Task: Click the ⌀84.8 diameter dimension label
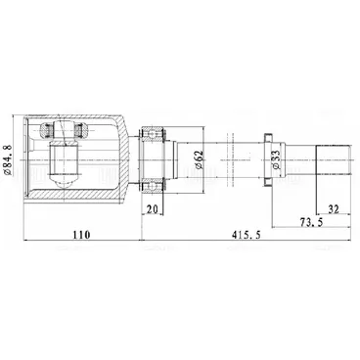8,160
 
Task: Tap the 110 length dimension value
81,234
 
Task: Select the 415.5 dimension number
247,234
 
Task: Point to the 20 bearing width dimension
152,209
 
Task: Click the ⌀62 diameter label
199,159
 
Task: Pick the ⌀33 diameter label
276,159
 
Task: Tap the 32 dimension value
334,209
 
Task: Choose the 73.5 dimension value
311,222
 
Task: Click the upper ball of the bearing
152,134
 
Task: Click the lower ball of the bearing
152,186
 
